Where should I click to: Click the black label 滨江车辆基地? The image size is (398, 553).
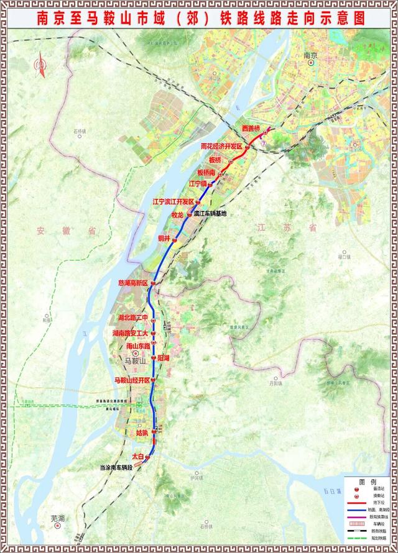point(210,213)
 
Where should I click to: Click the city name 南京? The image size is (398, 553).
point(310,56)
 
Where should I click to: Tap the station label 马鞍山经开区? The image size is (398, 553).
point(131,380)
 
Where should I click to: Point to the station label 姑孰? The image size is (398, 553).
point(142,432)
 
